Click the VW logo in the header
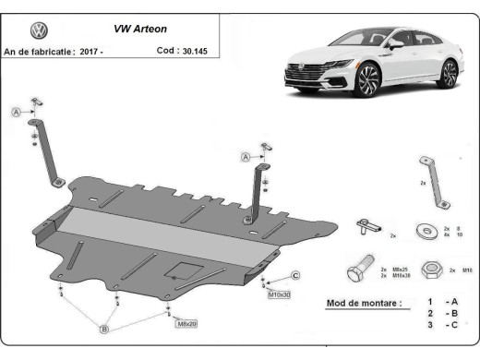pos(39,30)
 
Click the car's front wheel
pos(366,81)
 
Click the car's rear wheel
pos(450,74)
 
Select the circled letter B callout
pos(105,328)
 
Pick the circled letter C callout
pos(296,276)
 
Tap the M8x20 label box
pos(187,323)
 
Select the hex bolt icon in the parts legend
pos(359,270)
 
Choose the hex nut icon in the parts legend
pos(429,270)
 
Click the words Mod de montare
pos(365,303)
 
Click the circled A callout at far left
pos(16,113)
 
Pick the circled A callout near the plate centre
pos(246,158)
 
